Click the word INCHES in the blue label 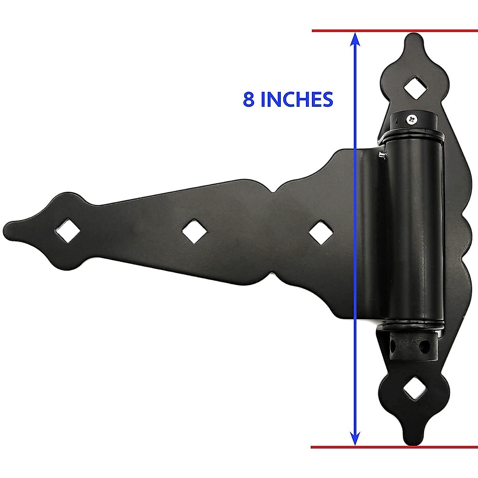(296, 99)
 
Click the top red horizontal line (394, 31)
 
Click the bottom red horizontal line (394, 447)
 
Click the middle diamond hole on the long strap (193, 231)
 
